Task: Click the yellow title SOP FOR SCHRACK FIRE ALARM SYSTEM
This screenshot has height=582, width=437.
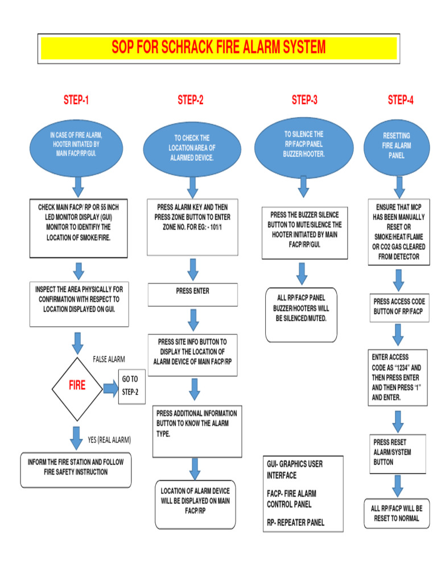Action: pos(218,48)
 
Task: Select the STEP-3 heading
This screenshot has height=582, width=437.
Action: pos(304,101)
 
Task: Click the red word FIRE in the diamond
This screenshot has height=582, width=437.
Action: pos(77,385)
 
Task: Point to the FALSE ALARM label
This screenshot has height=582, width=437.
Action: pos(109,359)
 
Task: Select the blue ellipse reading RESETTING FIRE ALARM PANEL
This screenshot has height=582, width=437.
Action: pos(396,145)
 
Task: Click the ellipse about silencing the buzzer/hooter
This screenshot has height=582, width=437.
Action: pos(303,144)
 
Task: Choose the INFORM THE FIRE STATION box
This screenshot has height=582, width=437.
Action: pos(76,467)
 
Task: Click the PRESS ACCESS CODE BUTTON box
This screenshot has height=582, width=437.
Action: pos(399,307)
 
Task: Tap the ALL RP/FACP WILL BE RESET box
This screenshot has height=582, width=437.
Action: pos(396,513)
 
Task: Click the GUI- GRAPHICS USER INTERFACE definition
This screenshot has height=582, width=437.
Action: pos(295,469)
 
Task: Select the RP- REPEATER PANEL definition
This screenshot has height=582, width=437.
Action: pos(295,522)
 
